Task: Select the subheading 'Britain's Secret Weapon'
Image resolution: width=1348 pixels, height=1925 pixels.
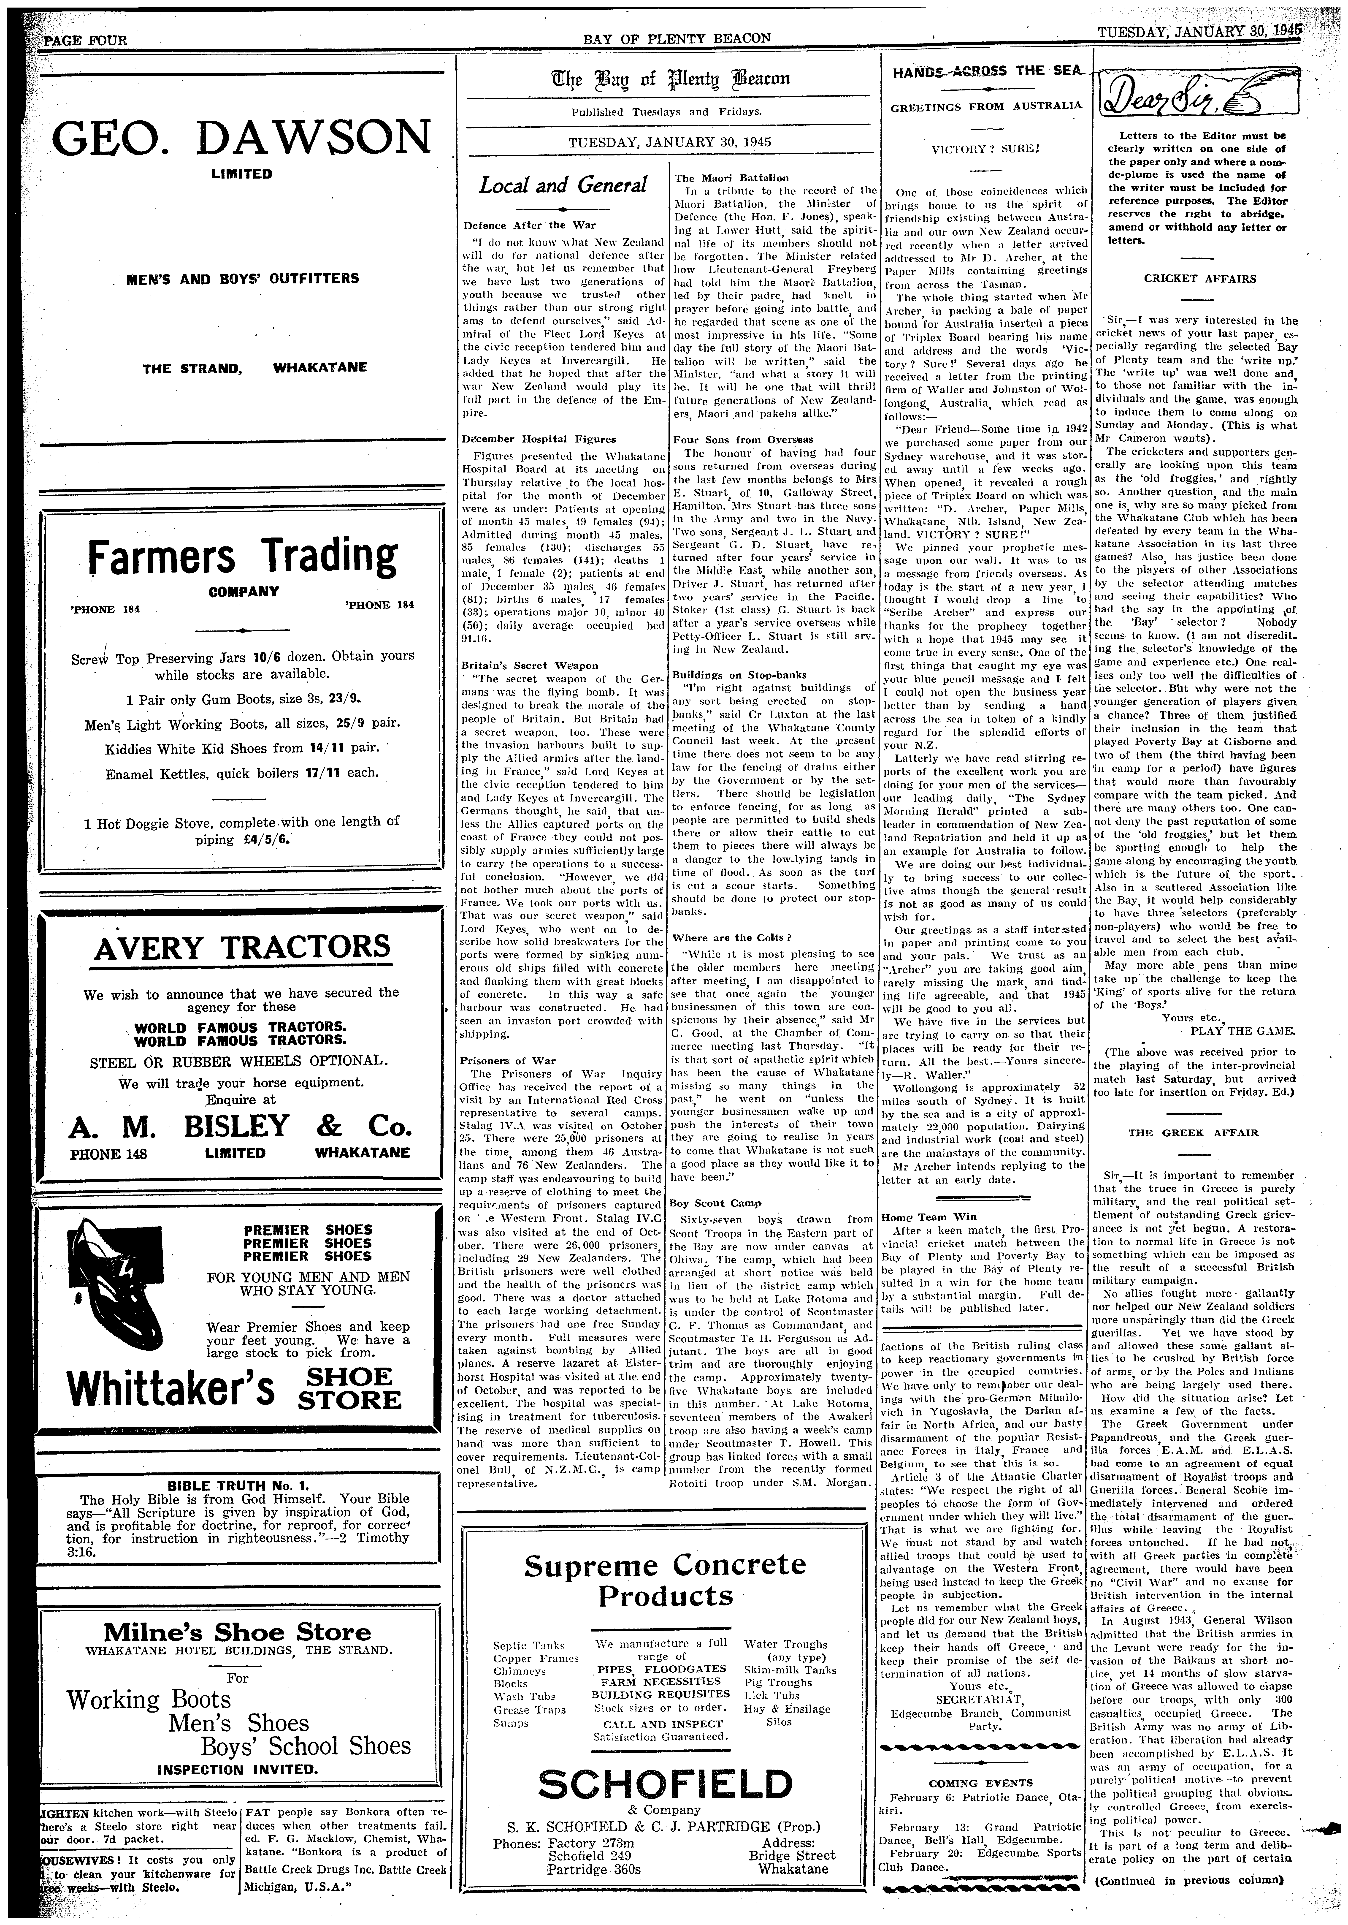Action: (x=530, y=666)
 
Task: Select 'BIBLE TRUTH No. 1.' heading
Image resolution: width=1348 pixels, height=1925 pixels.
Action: (x=241, y=1487)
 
